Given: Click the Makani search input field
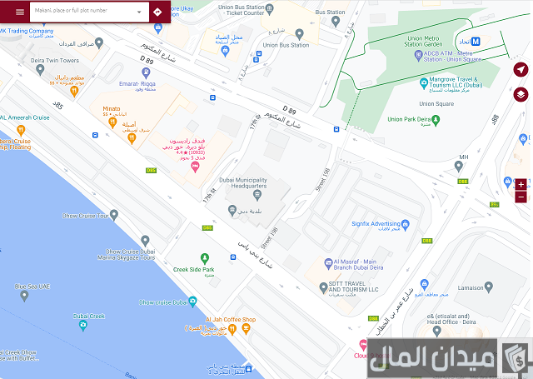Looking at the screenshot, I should click(83, 12).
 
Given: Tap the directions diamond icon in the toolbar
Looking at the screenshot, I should click(158, 12).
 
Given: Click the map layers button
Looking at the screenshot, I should click(521, 94).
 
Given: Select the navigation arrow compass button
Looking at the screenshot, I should click(521, 69).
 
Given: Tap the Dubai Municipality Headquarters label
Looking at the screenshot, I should click(243, 183).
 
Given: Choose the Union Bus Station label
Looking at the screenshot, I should click(286, 45).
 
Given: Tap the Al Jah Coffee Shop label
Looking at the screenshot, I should click(231, 320).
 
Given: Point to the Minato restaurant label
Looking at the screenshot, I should click(112, 109).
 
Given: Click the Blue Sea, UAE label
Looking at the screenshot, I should click(33, 287).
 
